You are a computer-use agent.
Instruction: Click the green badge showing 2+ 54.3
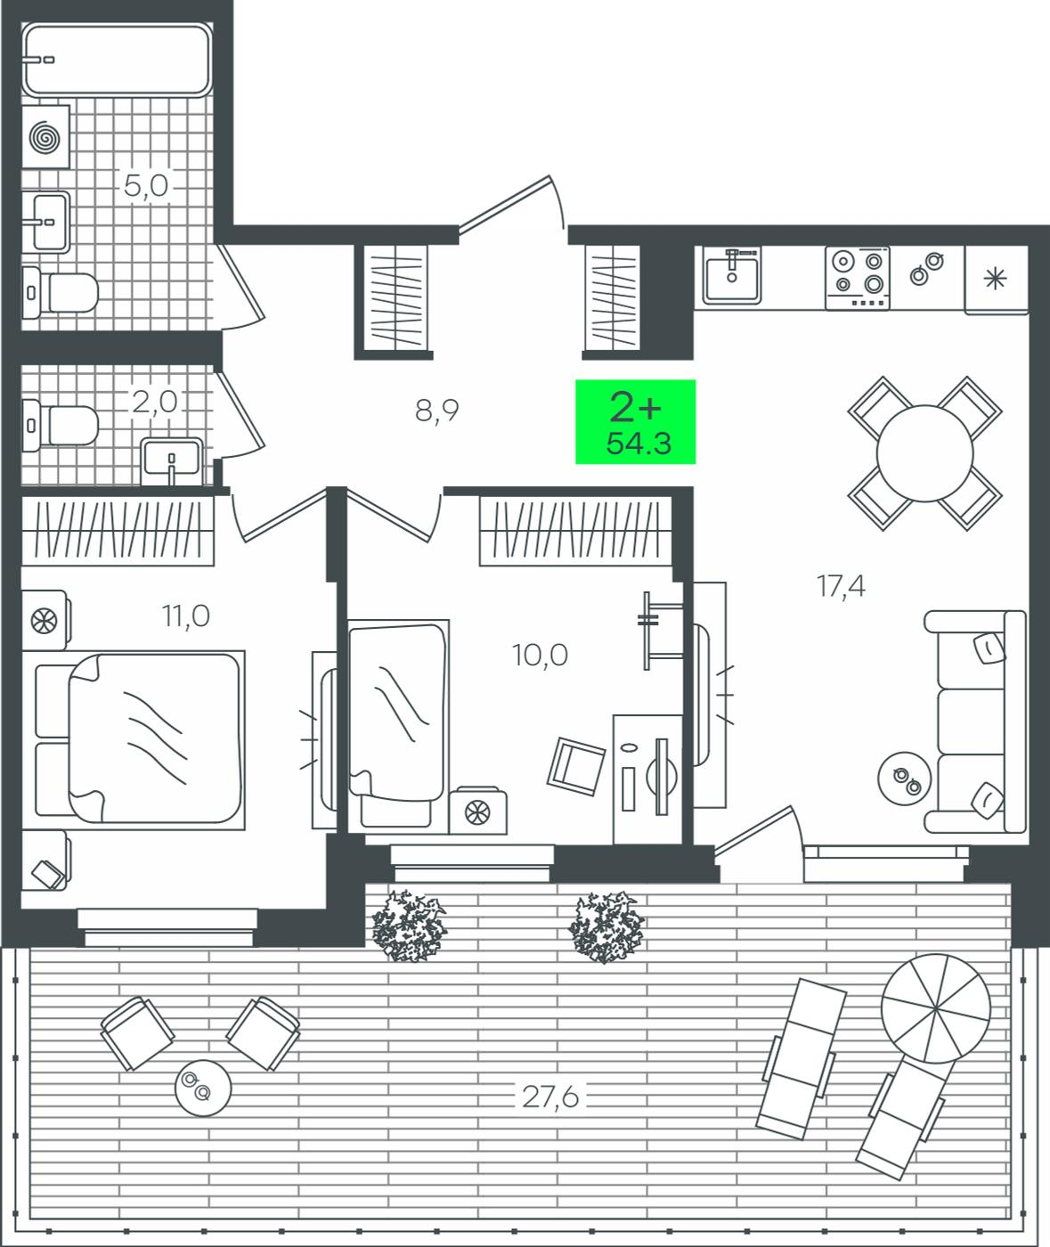pos(636,421)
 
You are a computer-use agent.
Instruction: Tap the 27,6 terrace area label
pos(550,1097)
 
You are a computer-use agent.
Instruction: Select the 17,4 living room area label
pos(841,586)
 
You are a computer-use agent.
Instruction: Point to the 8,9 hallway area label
pos(436,411)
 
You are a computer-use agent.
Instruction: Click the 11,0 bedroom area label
pos(186,615)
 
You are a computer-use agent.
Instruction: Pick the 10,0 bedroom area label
pos(540,656)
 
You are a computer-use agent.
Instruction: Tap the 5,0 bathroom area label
pos(146,185)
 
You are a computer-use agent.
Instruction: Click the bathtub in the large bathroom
pos(117,59)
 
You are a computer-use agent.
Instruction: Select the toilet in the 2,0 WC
pos(60,425)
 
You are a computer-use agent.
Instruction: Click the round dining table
pos(924,453)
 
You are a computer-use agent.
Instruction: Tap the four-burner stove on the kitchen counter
pos(858,278)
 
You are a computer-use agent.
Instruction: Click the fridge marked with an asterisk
pos(996,280)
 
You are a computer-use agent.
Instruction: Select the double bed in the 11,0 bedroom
pos(140,740)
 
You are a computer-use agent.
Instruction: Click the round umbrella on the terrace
pos(936,1008)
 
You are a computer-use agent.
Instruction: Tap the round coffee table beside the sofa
pos(904,778)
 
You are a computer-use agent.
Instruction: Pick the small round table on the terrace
pos(202,1088)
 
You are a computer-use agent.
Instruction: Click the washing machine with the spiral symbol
pos(46,137)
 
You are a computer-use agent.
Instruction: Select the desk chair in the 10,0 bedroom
pos(576,766)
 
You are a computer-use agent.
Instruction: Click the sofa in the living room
pos(974,721)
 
